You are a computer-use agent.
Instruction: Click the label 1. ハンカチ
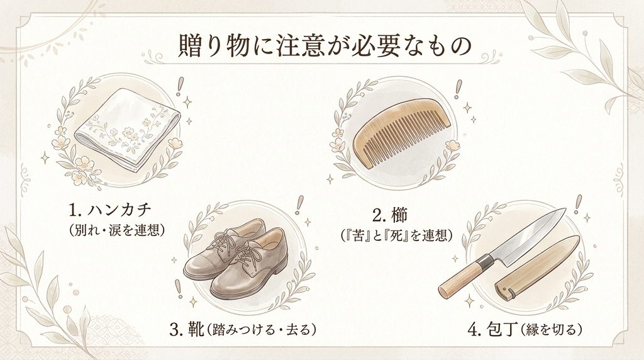click(110, 210)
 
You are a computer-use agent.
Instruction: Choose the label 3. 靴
click(187, 329)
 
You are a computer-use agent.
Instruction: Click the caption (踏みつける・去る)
click(261, 329)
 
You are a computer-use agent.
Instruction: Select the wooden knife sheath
click(538, 266)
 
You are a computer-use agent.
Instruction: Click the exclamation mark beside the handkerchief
click(179, 87)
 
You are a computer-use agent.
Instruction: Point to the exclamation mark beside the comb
click(458, 89)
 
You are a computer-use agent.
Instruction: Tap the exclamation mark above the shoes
click(299, 205)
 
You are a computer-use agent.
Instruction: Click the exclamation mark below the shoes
click(178, 289)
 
